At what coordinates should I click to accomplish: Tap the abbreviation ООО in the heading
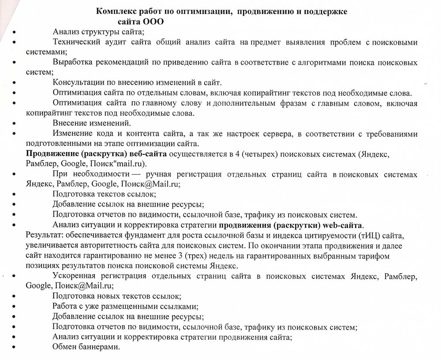(154, 21)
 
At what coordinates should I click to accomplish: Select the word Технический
(75, 42)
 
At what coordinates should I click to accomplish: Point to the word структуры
(100, 32)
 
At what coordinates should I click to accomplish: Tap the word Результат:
(42, 236)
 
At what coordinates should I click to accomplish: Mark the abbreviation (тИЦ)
(370, 236)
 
